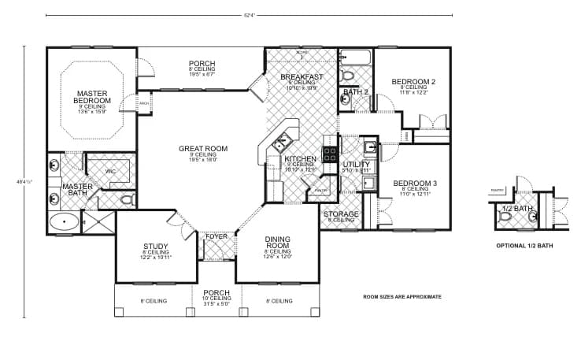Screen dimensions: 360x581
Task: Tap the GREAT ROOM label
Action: point(202,148)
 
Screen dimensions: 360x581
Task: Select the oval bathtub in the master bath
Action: point(65,221)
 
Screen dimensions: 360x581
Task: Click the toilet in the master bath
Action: point(127,200)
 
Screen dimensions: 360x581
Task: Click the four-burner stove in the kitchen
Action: point(331,153)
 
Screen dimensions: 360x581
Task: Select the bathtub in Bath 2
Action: point(356,57)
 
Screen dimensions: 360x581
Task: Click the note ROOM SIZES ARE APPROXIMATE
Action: point(402,297)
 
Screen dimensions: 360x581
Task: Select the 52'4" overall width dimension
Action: point(249,15)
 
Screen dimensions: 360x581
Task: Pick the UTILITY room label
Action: point(357,164)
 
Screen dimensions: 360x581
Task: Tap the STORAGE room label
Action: point(342,213)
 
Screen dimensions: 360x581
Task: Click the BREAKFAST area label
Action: point(302,76)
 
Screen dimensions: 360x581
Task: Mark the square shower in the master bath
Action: point(99,222)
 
